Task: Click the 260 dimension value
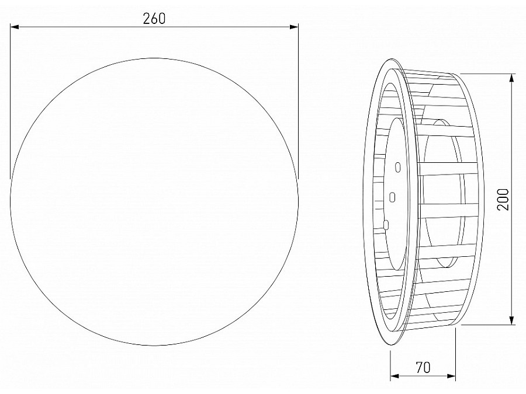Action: [154, 18]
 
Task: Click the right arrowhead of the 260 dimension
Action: [294, 27]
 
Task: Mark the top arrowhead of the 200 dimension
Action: [512, 78]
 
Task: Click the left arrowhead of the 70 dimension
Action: [394, 376]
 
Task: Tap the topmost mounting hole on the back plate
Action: [398, 168]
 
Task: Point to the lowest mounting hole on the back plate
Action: [386, 222]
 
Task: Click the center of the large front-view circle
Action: [154, 202]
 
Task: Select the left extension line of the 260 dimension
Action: [11, 99]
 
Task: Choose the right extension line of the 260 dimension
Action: [299, 99]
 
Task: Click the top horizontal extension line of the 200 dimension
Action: [488, 74]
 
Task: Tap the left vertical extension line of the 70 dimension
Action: [390, 365]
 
